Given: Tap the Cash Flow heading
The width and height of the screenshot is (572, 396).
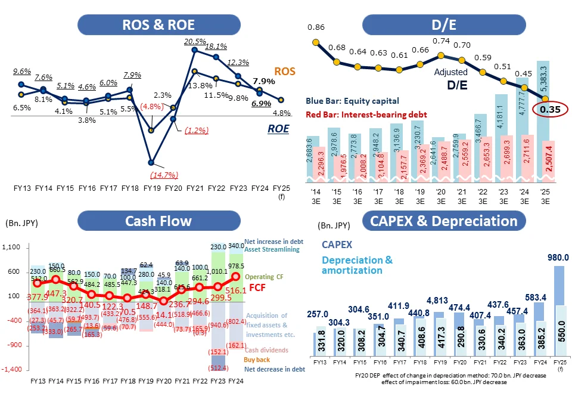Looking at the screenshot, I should click(x=158, y=221).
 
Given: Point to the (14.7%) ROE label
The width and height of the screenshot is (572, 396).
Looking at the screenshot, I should click(x=151, y=175).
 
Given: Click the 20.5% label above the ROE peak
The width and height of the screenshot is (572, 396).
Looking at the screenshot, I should click(x=195, y=42).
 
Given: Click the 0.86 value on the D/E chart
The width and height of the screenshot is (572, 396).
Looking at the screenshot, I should click(x=316, y=27).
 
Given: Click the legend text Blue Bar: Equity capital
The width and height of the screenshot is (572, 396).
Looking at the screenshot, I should click(x=352, y=101).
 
